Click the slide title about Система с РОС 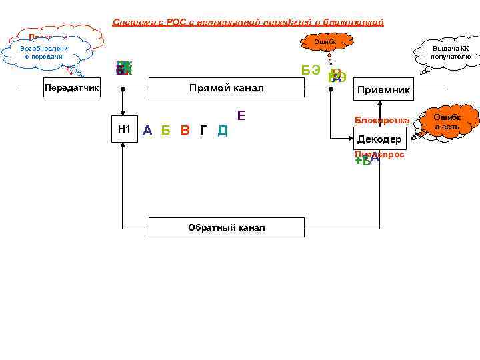[x=248, y=22]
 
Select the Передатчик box [x=71, y=88]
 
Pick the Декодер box [x=379, y=139]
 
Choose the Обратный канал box [x=226, y=227]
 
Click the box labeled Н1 [x=123, y=129]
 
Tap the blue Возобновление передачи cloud [x=42, y=53]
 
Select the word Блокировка [x=382, y=120]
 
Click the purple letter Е [x=241, y=115]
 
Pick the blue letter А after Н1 [x=147, y=130]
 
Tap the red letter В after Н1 [x=185, y=130]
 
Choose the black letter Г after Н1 [x=203, y=130]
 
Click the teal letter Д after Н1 [x=223, y=130]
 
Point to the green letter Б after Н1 [x=166, y=130]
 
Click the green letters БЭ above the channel [x=311, y=70]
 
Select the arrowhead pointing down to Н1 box [x=123, y=115]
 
